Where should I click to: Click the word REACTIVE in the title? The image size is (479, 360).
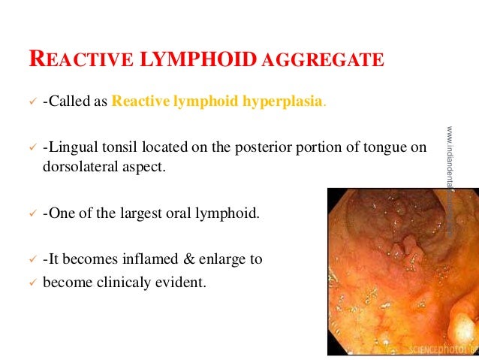coord(77,59)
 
